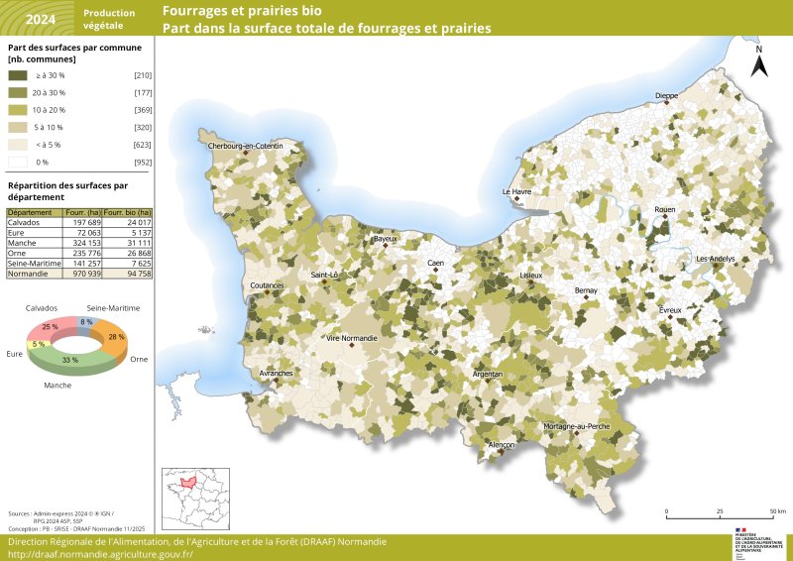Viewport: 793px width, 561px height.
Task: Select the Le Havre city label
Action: (517, 191)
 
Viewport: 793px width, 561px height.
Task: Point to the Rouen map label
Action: (664, 210)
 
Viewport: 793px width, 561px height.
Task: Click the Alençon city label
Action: (502, 446)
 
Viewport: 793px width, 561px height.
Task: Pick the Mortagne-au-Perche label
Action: (577, 425)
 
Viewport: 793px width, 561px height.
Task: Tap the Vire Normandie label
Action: (353, 338)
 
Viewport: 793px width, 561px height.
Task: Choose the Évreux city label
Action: (671, 310)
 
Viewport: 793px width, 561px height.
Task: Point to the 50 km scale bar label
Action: (777, 511)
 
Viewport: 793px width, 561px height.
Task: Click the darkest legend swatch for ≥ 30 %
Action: (18, 74)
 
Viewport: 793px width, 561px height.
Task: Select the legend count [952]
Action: (143, 161)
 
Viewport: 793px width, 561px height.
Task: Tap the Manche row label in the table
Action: (23, 242)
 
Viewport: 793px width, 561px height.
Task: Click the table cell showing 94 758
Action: (138, 272)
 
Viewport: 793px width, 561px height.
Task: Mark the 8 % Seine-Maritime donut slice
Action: (87, 322)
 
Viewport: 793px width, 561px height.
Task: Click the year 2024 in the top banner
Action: (41, 19)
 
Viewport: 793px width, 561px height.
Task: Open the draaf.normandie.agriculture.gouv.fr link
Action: (100, 554)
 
